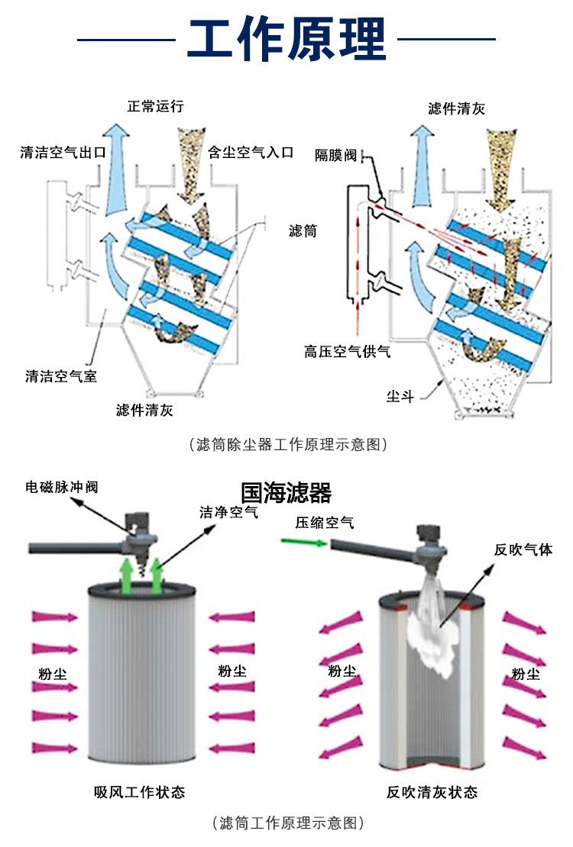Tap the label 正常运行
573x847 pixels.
(155, 106)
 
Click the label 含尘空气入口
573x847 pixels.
(251, 153)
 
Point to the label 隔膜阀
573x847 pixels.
(336, 156)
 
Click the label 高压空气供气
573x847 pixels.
(347, 352)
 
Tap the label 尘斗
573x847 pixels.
(400, 396)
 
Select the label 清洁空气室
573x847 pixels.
(61, 375)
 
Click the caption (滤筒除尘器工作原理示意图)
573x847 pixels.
(286, 444)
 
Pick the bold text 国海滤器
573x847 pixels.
(286, 494)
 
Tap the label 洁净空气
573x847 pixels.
(228, 513)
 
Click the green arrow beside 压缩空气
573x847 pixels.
(300, 542)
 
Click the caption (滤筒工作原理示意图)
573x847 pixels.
(286, 823)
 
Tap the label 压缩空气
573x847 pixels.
(325, 523)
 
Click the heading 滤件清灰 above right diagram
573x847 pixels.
(456, 109)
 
